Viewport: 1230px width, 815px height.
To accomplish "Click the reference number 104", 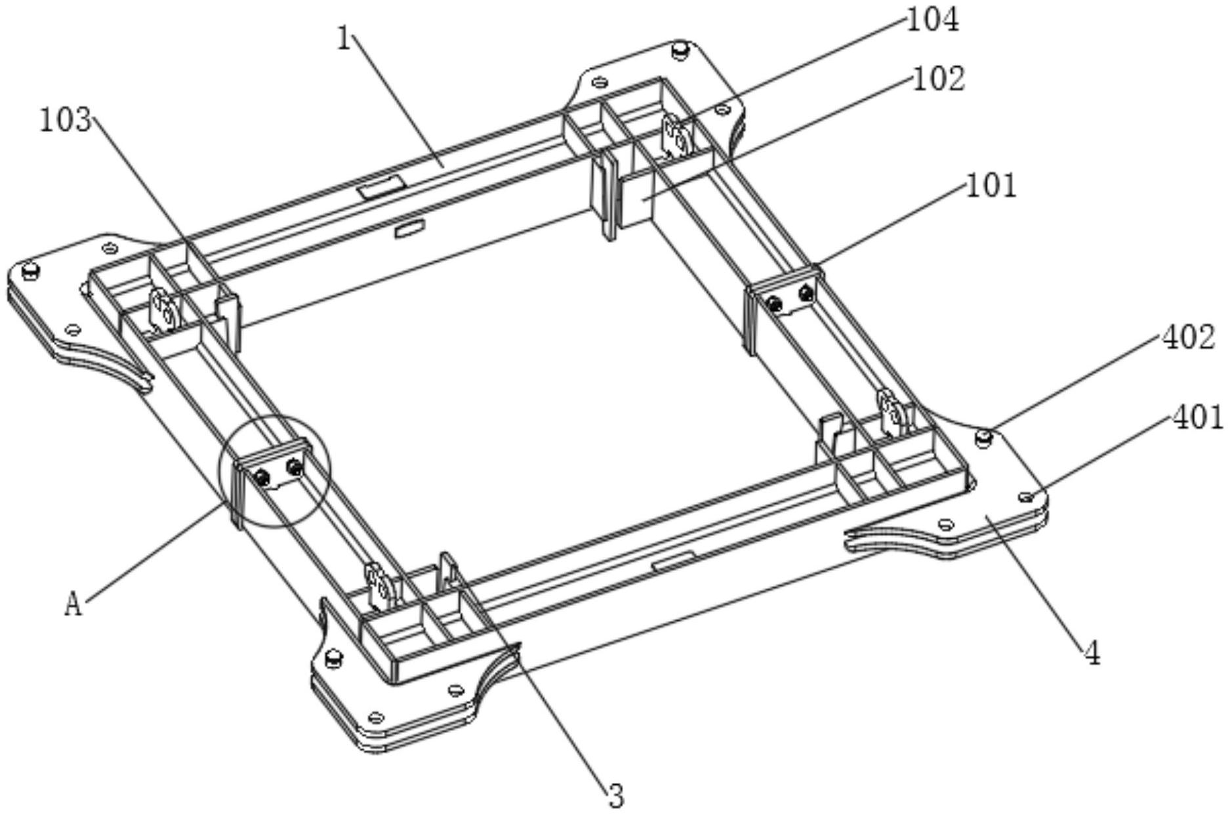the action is point(932,20).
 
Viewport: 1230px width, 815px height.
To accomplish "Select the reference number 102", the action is point(939,79).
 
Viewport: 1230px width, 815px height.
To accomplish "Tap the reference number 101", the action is point(991,186).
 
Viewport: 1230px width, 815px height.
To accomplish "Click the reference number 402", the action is point(1188,338).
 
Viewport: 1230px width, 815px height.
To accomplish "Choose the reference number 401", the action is point(1197,417).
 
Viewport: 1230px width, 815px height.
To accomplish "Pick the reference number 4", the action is point(1092,654).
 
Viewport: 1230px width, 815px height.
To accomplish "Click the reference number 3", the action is point(615,796).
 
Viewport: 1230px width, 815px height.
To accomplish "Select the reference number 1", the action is point(345,39).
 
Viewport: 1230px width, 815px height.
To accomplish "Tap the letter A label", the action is point(73,604).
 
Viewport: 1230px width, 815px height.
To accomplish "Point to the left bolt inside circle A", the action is point(263,477).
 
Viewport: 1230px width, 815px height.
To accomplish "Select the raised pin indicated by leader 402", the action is point(982,436).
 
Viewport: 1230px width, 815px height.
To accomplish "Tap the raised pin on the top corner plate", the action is point(680,49).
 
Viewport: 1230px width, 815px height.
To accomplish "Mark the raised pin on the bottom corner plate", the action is point(334,656).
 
